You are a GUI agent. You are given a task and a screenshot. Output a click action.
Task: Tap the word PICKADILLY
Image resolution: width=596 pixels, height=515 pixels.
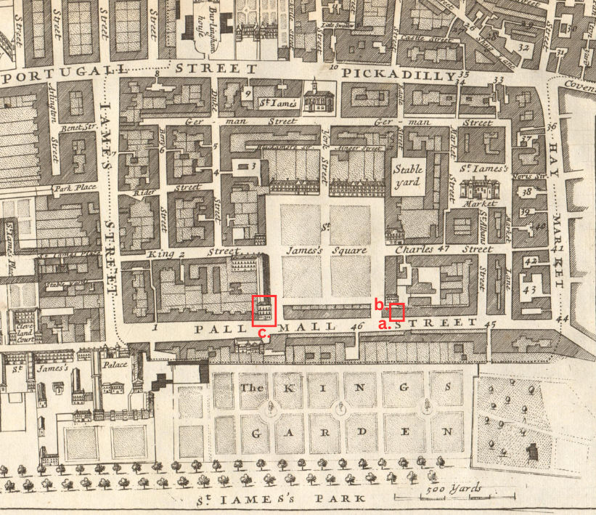pyautogui.click(x=399, y=74)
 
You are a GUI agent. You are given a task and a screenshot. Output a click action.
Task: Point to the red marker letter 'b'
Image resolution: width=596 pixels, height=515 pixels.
pyautogui.click(x=377, y=303)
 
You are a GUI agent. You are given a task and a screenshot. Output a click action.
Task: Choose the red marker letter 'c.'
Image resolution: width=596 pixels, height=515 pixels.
pyautogui.click(x=264, y=333)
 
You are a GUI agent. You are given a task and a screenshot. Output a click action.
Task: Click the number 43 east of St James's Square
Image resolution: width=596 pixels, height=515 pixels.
pyautogui.click(x=528, y=289)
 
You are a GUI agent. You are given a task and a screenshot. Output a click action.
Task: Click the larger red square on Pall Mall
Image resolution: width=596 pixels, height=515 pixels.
pyautogui.click(x=264, y=310)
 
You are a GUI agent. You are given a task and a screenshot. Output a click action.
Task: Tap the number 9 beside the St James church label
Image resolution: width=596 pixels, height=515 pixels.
pyautogui.click(x=248, y=93)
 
